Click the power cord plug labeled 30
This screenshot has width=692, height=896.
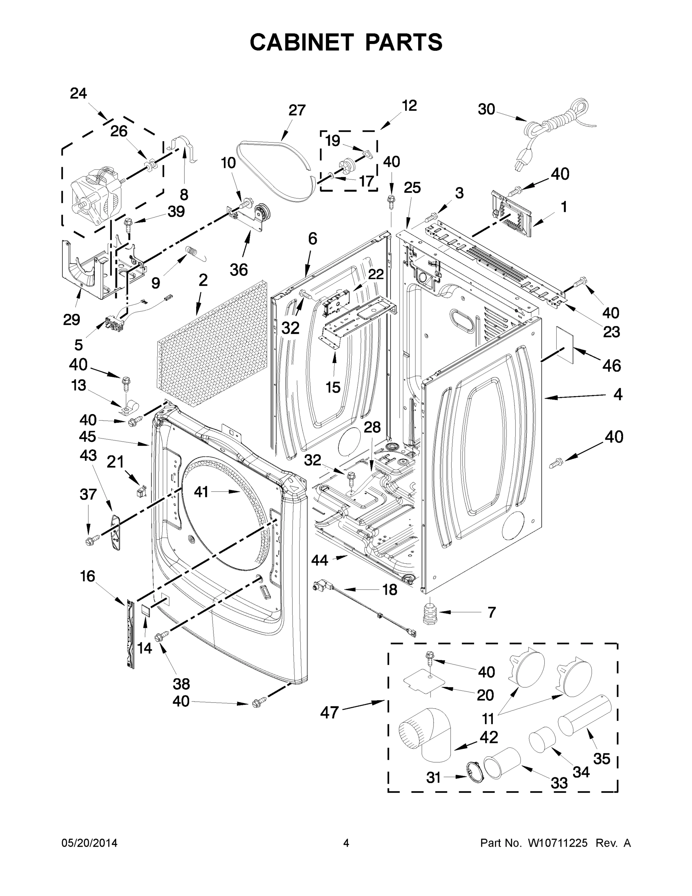point(523,161)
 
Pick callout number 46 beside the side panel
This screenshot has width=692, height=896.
point(611,365)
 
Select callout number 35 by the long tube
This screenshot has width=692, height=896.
point(601,759)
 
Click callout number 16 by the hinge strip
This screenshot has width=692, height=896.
point(88,576)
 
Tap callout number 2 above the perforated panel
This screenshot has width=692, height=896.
point(203,281)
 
